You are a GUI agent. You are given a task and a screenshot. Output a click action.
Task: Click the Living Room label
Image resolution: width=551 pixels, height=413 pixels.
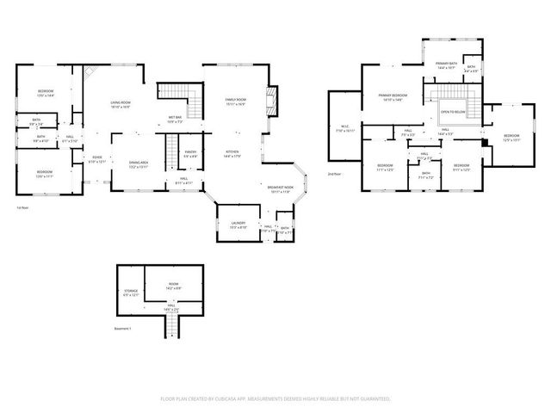tap(120, 104)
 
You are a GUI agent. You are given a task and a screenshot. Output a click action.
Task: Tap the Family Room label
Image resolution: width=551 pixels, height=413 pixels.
tap(235, 100)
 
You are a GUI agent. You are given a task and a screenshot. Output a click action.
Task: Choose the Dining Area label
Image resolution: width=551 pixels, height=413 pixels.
tap(139, 162)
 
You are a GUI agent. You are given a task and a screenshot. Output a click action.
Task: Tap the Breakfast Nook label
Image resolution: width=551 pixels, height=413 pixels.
tap(279, 187)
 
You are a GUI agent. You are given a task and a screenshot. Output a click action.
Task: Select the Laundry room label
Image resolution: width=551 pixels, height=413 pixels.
tap(238, 223)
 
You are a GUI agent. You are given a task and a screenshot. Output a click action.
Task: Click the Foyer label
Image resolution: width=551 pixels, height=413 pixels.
tap(98, 157)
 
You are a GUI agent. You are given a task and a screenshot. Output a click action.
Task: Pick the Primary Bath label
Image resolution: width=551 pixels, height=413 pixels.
tap(446, 64)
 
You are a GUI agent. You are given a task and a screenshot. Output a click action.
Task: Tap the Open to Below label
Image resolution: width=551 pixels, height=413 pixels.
tap(453, 112)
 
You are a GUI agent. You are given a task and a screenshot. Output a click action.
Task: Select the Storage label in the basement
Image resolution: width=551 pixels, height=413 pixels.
tap(131, 291)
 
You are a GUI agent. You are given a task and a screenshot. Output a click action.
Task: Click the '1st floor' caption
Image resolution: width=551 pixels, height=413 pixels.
tap(22, 207)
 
